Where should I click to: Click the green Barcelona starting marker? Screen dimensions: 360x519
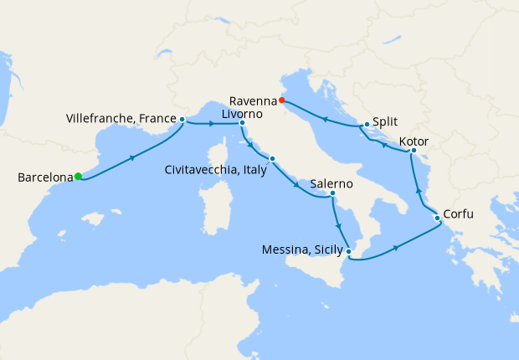point(78,176)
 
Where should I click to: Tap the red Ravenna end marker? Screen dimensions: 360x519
point(283,101)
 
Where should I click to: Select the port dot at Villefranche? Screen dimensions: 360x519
point(182,120)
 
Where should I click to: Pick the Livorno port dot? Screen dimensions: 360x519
point(242,124)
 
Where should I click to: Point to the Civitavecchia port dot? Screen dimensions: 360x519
point(272,159)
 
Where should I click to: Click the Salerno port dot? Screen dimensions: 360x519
point(333,194)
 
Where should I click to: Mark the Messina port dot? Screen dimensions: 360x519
point(349,251)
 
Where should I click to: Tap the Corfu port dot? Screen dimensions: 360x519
point(436,219)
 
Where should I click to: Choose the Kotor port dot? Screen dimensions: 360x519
point(414,151)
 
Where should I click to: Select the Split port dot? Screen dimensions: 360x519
point(367,125)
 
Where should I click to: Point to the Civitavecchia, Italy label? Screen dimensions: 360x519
point(216,170)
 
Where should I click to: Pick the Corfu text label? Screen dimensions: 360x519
point(459,214)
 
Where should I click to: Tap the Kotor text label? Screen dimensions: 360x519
point(415,140)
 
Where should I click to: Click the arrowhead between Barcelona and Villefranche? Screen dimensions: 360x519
point(132,157)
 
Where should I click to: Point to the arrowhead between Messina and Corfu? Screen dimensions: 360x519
point(393,247)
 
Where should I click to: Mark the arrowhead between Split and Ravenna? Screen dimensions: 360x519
point(325,120)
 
